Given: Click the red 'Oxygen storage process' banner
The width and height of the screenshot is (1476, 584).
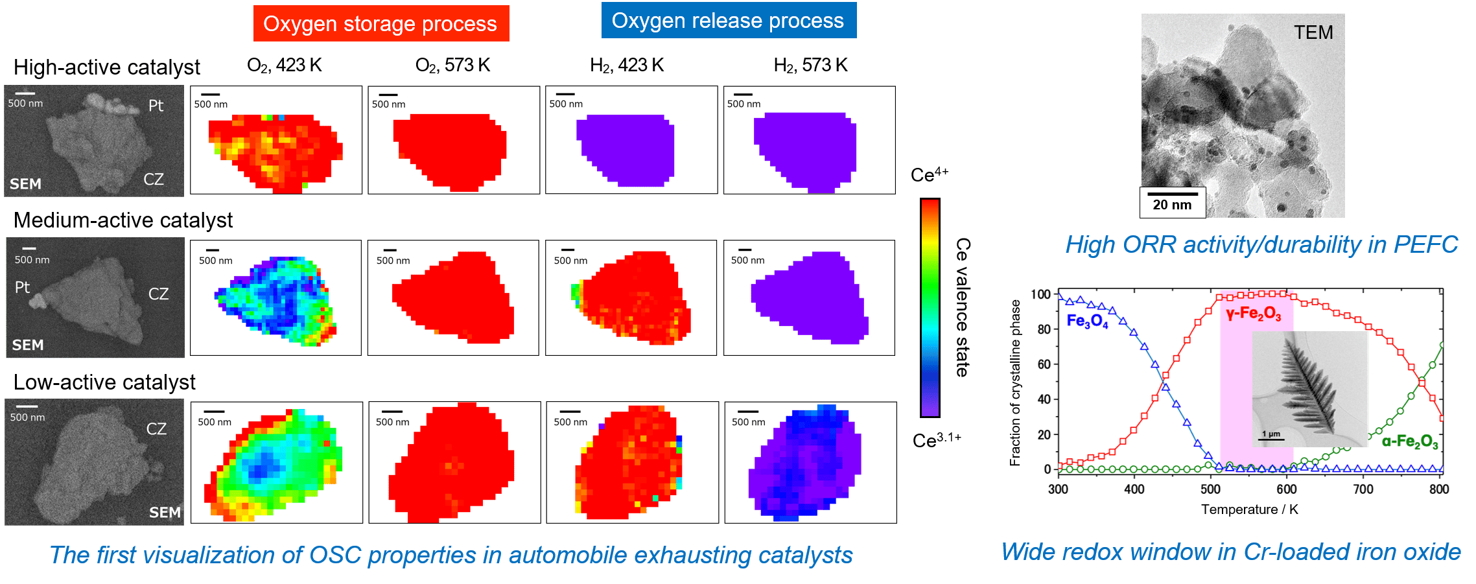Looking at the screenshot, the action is click(381, 23).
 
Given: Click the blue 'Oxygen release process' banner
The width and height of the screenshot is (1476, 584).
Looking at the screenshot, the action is click(729, 20).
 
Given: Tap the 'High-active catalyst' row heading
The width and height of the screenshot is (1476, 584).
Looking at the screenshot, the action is click(107, 67).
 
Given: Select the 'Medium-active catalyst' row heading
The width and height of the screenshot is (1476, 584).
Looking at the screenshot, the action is click(123, 220).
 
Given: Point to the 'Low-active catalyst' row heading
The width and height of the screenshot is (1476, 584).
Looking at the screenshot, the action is click(104, 382).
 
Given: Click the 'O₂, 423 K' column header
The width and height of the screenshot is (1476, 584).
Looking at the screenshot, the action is click(285, 65).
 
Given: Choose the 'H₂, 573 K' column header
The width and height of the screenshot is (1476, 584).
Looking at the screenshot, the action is click(810, 65).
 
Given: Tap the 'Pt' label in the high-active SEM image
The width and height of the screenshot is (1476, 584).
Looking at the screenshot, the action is click(156, 106).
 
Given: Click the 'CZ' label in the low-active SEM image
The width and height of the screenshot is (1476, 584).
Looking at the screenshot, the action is click(156, 428).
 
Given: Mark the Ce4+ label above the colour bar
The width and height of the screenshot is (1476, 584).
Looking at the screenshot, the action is click(930, 174).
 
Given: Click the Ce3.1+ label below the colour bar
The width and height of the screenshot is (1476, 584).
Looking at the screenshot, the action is click(937, 440).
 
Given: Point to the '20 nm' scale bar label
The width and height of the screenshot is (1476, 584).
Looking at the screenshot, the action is click(1172, 205).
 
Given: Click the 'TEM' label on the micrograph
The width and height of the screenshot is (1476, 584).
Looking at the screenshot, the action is click(1313, 32).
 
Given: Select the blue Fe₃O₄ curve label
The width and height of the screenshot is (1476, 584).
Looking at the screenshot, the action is click(1087, 321).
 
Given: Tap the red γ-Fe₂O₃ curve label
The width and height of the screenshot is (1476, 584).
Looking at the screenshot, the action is click(1253, 314).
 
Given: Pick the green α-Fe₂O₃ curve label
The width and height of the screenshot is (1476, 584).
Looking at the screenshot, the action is click(1410, 442).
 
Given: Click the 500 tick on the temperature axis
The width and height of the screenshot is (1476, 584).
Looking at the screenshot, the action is click(1210, 489).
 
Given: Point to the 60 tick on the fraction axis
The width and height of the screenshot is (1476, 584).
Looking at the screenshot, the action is click(1043, 364).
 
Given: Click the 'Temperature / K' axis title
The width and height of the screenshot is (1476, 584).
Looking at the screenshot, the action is click(1249, 509).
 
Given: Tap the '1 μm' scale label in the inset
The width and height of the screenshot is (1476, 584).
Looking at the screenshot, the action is click(1271, 434).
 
